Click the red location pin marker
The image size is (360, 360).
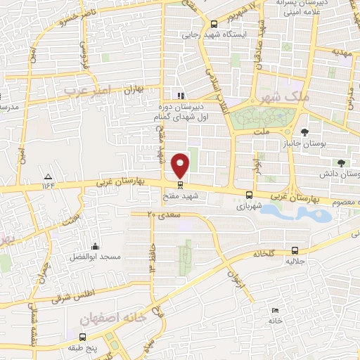coord(181,165)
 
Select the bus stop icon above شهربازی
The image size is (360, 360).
coord(249,195)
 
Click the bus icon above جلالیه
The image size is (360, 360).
coord(294,250)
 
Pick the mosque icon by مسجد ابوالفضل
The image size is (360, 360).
coord(95,246)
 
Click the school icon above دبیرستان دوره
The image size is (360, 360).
coord(181,96)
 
